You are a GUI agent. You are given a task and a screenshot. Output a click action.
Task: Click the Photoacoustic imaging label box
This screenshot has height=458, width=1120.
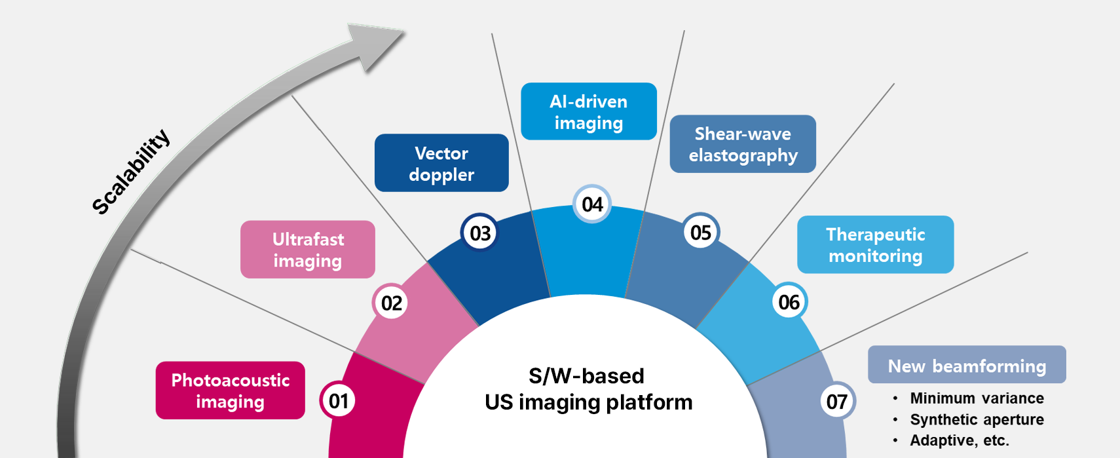point(230,391)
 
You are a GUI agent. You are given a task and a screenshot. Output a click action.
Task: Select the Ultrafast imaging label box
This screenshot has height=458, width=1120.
point(307,250)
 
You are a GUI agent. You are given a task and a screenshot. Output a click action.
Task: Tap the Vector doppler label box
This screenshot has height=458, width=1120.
point(441,163)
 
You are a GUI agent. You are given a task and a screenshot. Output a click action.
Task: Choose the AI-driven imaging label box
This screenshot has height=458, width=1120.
point(589,111)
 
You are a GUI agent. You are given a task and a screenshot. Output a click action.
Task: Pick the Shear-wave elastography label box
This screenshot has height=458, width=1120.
point(743,144)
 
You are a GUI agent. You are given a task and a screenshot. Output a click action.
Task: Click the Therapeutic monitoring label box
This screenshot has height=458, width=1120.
point(876,244)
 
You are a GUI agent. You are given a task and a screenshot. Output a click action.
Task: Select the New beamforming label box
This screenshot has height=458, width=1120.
point(967,364)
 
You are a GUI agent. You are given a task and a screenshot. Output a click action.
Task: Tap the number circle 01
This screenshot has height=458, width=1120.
point(339,400)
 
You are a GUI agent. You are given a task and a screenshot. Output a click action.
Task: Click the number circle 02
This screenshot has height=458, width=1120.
point(391,303)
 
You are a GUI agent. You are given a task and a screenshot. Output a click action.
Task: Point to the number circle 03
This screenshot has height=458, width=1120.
point(480,233)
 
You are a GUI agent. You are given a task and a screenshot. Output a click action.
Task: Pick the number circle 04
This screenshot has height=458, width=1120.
point(592,204)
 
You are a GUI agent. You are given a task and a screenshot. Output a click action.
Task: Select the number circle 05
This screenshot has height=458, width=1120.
point(701,233)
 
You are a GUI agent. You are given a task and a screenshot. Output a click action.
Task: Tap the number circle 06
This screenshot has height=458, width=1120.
point(789,301)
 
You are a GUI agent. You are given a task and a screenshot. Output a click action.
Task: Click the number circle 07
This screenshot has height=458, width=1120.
point(837,401)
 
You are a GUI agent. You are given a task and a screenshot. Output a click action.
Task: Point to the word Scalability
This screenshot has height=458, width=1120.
point(131,172)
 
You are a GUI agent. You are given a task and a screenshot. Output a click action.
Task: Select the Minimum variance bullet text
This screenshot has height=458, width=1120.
point(977,398)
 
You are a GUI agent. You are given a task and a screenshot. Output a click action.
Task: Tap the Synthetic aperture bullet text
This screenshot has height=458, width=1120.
point(977,419)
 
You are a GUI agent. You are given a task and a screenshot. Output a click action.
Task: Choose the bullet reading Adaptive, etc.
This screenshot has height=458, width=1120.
point(960,440)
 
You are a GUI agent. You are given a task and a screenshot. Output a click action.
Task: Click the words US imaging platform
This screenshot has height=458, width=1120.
point(589,402)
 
